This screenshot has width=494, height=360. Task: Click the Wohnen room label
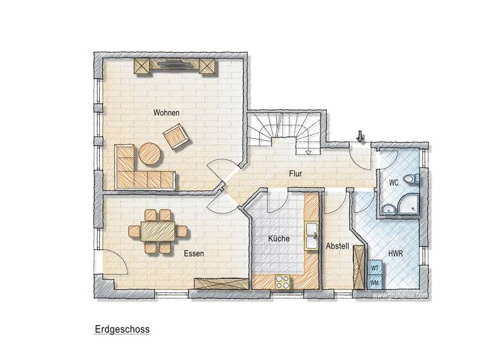(x=166, y=113)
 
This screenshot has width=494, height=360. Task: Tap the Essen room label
(x=194, y=253)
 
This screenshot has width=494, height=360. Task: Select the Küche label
(x=279, y=239)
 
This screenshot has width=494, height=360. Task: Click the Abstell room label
(x=337, y=246)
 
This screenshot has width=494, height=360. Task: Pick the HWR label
(x=396, y=253)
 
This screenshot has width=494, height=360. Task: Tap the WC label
(x=394, y=183)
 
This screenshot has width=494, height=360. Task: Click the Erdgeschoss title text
(x=122, y=329)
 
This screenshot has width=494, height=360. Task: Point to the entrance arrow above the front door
(x=360, y=136)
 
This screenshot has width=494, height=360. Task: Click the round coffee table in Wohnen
(x=151, y=154)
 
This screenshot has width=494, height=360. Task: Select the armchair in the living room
(x=175, y=136)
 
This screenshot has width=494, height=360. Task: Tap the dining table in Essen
(x=158, y=230)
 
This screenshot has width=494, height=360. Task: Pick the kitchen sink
(x=311, y=235)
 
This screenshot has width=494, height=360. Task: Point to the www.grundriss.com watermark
(x=400, y=295)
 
